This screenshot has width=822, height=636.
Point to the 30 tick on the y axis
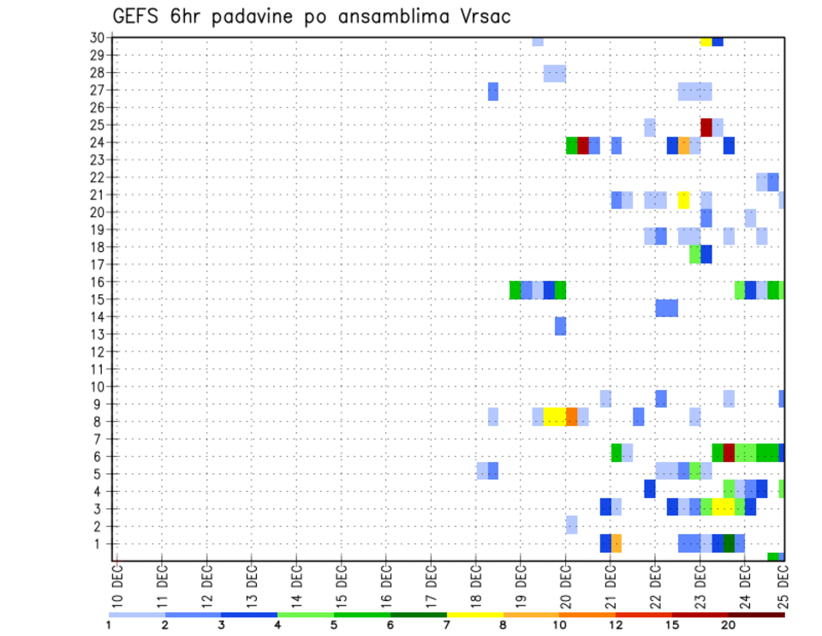pyautogui.click(x=98, y=38)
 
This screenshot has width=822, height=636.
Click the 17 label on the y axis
pyautogui.click(x=98, y=264)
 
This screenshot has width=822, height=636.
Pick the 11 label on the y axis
pyautogui.click(x=98, y=369)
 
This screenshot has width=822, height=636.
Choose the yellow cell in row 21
pyautogui.click(x=683, y=200)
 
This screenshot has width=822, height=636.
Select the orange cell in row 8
pyautogui.click(x=571, y=416)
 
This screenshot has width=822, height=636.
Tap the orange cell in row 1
pyautogui.click(x=616, y=543)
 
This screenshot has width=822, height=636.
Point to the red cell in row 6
pyautogui.click(x=729, y=452)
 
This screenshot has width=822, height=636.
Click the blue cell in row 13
pyautogui.click(x=560, y=326)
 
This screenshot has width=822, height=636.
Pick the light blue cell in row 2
pyautogui.click(x=571, y=524)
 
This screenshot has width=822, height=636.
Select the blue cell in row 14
pyautogui.click(x=667, y=308)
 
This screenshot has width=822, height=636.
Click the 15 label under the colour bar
pyautogui.click(x=672, y=624)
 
